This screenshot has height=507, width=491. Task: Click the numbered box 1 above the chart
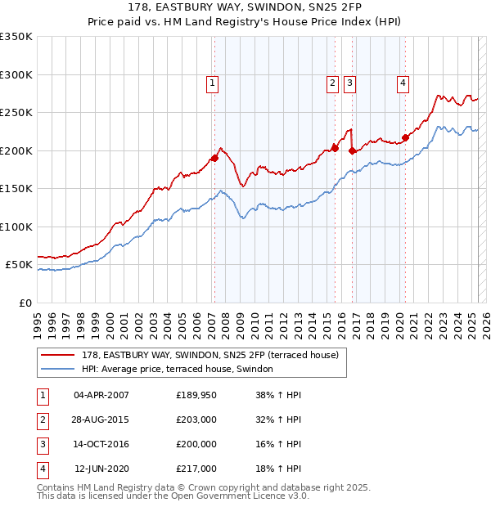tap(212, 82)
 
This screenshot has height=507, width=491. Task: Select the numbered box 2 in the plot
tap(333, 82)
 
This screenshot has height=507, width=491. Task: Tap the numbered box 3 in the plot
tap(349, 82)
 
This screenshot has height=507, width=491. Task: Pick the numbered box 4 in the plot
tap(403, 82)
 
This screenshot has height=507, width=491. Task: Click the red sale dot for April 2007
tap(214, 158)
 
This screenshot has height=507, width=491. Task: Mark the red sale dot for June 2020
tap(405, 137)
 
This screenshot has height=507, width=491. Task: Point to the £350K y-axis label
tap(16, 37)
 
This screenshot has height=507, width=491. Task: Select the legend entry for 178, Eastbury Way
tap(215, 354)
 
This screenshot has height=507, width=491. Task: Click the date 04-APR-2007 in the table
tap(101, 395)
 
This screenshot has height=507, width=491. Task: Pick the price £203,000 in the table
tap(196, 420)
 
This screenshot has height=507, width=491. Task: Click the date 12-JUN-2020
tap(101, 469)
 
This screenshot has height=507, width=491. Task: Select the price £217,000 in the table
tap(196, 469)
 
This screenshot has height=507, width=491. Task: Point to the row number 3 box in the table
tap(41, 444)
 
